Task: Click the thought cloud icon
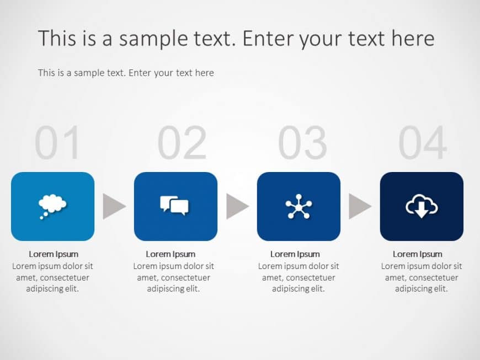52,206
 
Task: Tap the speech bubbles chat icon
175,206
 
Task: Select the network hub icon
298,206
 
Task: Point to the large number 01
57,143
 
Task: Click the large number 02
182,143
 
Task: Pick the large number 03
302,143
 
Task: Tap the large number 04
423,143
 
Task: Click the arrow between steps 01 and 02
114,206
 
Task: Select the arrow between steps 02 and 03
237,206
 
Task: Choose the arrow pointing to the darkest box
360,206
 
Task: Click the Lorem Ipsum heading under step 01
54,254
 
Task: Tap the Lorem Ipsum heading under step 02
170,254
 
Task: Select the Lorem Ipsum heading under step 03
295,254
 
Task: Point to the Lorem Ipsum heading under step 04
418,254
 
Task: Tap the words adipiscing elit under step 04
422,289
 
